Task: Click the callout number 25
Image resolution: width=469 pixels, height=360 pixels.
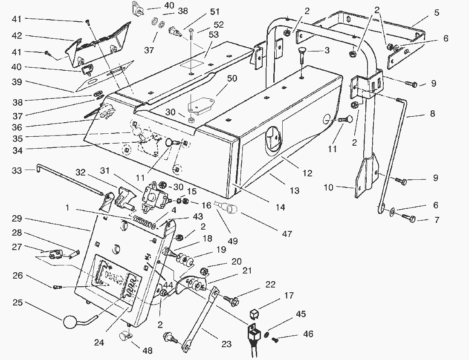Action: tap(17, 303)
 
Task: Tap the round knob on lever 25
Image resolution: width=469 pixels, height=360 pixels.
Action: tap(70, 322)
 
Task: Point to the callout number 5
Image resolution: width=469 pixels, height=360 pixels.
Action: tap(436, 12)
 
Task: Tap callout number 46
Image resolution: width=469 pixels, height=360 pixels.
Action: tap(307, 334)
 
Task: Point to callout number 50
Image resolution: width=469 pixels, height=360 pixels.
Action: tap(233, 79)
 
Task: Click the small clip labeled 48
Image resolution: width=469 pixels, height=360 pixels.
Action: tap(125, 337)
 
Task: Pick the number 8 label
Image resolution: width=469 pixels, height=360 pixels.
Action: tap(432, 114)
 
